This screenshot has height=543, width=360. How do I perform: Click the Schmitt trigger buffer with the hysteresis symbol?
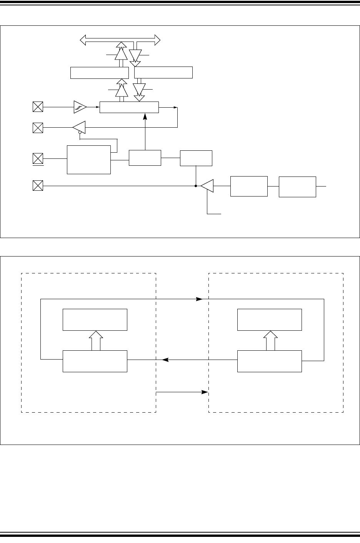coord(80,107)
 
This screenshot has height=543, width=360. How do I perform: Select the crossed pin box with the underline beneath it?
coord(38,158)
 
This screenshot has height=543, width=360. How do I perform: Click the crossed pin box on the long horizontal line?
coord(38,186)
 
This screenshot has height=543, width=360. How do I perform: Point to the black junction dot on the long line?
coord(196,186)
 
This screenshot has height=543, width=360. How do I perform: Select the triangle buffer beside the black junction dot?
coord(207,186)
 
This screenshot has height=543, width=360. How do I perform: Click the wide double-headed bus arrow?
coord(120,39)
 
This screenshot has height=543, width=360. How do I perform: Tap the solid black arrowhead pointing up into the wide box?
coord(145,116)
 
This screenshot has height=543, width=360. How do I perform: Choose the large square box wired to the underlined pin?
coord(89,160)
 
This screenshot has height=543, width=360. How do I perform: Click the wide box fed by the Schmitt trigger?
coord(129,107)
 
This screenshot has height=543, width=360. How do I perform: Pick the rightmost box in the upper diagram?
coord(297,187)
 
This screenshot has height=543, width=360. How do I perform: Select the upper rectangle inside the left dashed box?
coord(95,320)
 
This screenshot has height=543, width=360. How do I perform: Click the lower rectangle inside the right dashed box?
coord(269,361)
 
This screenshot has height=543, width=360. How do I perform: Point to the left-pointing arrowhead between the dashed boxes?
coord(165,360)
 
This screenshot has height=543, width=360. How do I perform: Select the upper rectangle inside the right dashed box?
coord(269,320)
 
